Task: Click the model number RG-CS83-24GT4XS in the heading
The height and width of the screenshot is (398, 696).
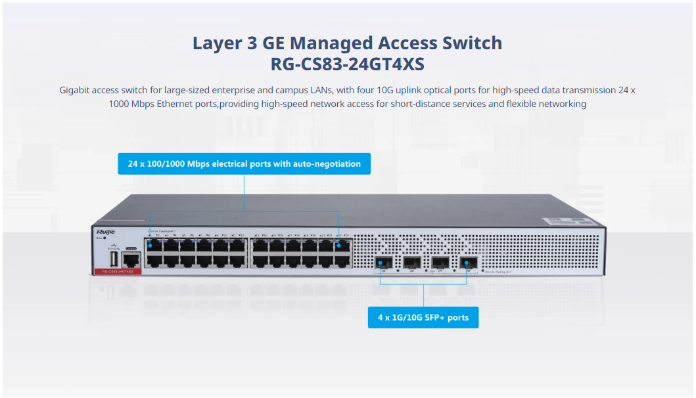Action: coord(347,64)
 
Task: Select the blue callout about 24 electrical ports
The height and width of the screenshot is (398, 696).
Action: coord(244,164)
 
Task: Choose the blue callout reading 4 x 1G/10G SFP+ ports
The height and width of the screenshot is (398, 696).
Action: coord(423,317)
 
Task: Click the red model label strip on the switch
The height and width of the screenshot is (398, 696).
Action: coord(115,271)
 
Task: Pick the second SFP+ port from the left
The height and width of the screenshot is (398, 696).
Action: coord(411,263)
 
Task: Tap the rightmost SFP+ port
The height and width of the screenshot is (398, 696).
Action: coord(468,263)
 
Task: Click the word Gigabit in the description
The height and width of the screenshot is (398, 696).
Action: coord(76,90)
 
